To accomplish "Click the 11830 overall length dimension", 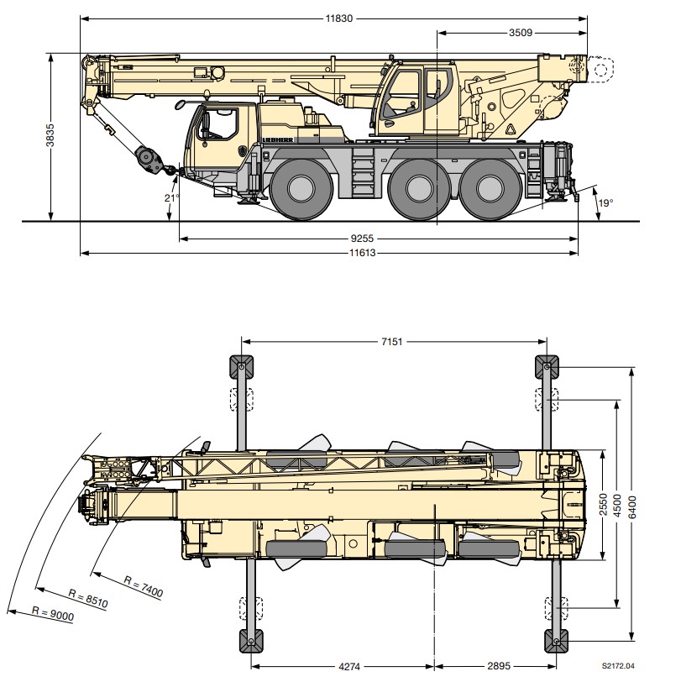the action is pos(339,18).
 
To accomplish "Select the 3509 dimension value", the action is pos(521,33).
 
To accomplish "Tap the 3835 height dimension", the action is pos(51,135).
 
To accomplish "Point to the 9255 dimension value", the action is pos(362,239).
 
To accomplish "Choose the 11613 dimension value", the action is pos(362,253).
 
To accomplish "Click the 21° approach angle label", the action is pos(172,198).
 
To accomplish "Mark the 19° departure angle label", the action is pos(605,202).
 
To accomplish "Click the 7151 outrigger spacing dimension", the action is pos(392,342).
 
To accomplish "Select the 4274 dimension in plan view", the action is pos(349,666).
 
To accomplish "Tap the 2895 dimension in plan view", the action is pos(499,666).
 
